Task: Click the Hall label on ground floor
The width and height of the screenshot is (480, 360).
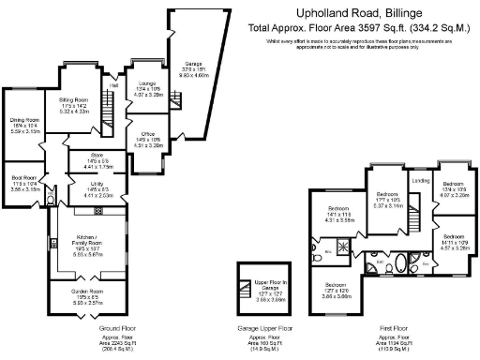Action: tap(113, 83)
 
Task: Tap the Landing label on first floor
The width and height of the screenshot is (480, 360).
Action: tap(421, 181)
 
